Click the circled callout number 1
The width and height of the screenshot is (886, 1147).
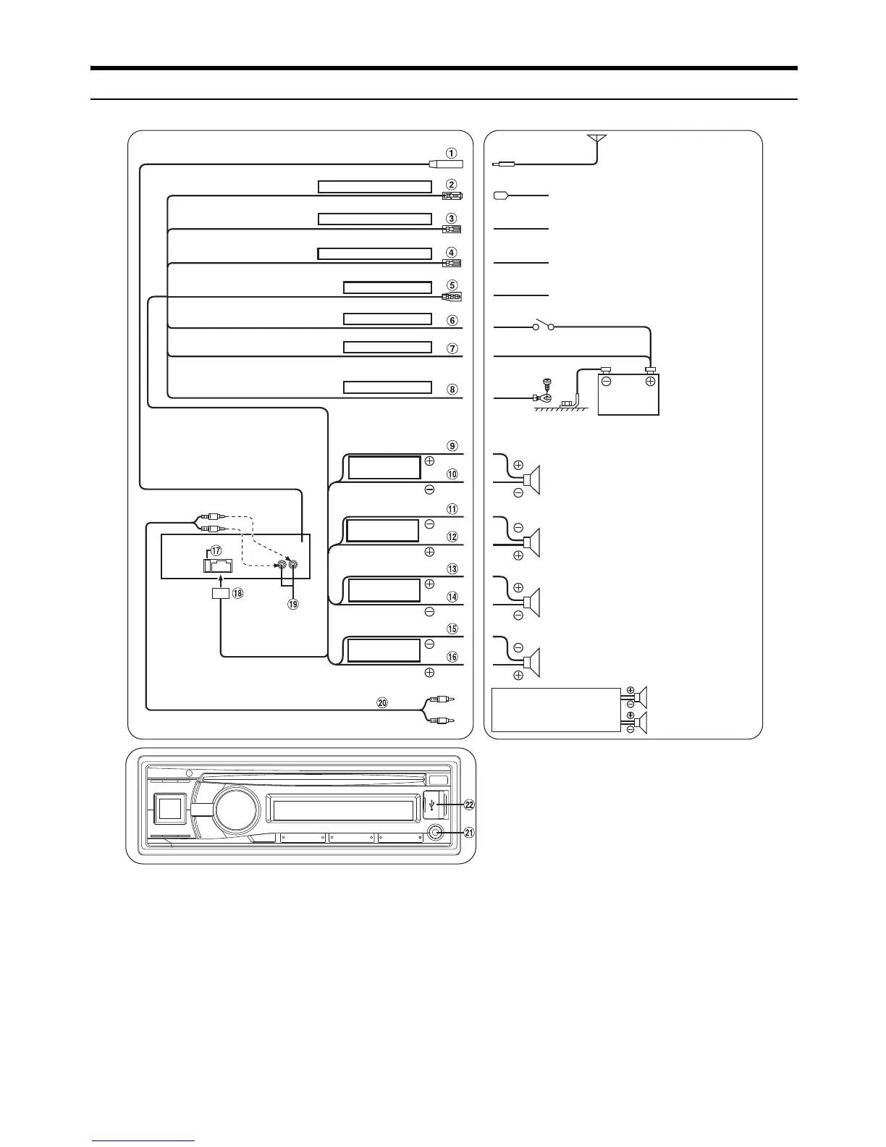tap(451, 153)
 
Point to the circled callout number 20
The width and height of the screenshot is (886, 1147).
tap(383, 702)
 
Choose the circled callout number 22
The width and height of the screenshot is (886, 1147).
tap(469, 804)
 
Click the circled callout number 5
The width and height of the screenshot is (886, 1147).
tap(452, 285)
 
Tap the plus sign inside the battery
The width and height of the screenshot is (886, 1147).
tap(650, 382)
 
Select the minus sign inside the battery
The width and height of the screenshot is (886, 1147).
tap(606, 382)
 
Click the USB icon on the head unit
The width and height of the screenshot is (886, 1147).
tap(431, 804)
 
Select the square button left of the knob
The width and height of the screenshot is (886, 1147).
tap(170, 808)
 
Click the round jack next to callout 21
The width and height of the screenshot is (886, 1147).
tap(436, 833)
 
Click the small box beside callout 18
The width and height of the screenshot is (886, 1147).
tap(221, 594)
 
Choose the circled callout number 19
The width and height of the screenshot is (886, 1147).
tap(293, 602)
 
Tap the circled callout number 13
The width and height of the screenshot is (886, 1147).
tap(452, 569)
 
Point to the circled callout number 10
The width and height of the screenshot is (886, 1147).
tap(452, 475)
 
